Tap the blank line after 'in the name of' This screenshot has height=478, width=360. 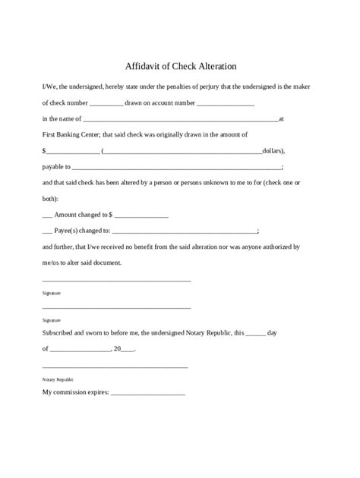pos(179,120)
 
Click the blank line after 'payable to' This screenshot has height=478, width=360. pos(176,167)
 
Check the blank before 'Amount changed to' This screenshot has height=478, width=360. pos(47,215)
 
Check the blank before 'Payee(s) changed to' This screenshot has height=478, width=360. pos(47,231)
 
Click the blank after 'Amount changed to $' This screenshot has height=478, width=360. pos(143,216)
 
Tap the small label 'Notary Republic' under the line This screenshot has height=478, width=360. pos(58,379)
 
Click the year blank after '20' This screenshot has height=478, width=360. pos(128,350)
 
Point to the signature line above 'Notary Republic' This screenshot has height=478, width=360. pos(115,367)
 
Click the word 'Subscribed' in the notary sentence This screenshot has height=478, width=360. pos(60,332)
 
